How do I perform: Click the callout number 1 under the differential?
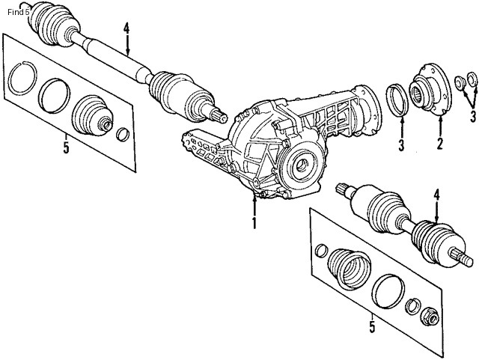254,222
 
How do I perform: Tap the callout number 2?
440,142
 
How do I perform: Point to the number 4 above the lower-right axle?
436,196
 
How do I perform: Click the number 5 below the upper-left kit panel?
66,147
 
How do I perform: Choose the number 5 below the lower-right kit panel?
372,326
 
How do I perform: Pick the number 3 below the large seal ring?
400,144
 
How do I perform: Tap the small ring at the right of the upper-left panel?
123,135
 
